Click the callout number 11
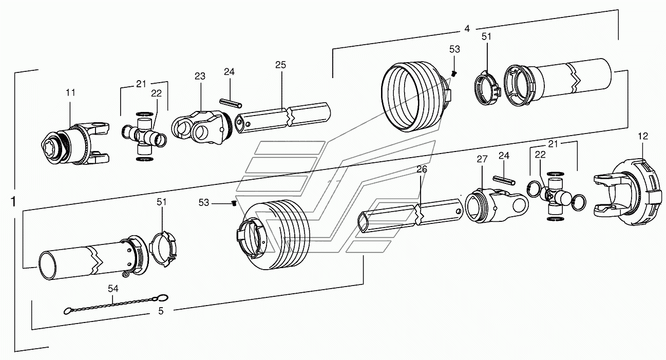[x=70, y=93]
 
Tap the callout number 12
[x=643, y=136]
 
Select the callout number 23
[x=200, y=77]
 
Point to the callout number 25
[x=280, y=65]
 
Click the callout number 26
[x=422, y=169]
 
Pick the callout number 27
[x=482, y=159]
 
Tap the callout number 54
[x=113, y=289]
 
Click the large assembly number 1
[x=13, y=202]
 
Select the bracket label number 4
[x=467, y=29]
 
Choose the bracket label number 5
[x=161, y=311]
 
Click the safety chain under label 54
[x=116, y=305]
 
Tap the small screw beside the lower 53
[x=234, y=203]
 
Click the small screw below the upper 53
[x=453, y=73]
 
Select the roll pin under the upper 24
[x=231, y=103]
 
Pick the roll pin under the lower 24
[x=504, y=180]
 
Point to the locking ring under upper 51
[x=487, y=88]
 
